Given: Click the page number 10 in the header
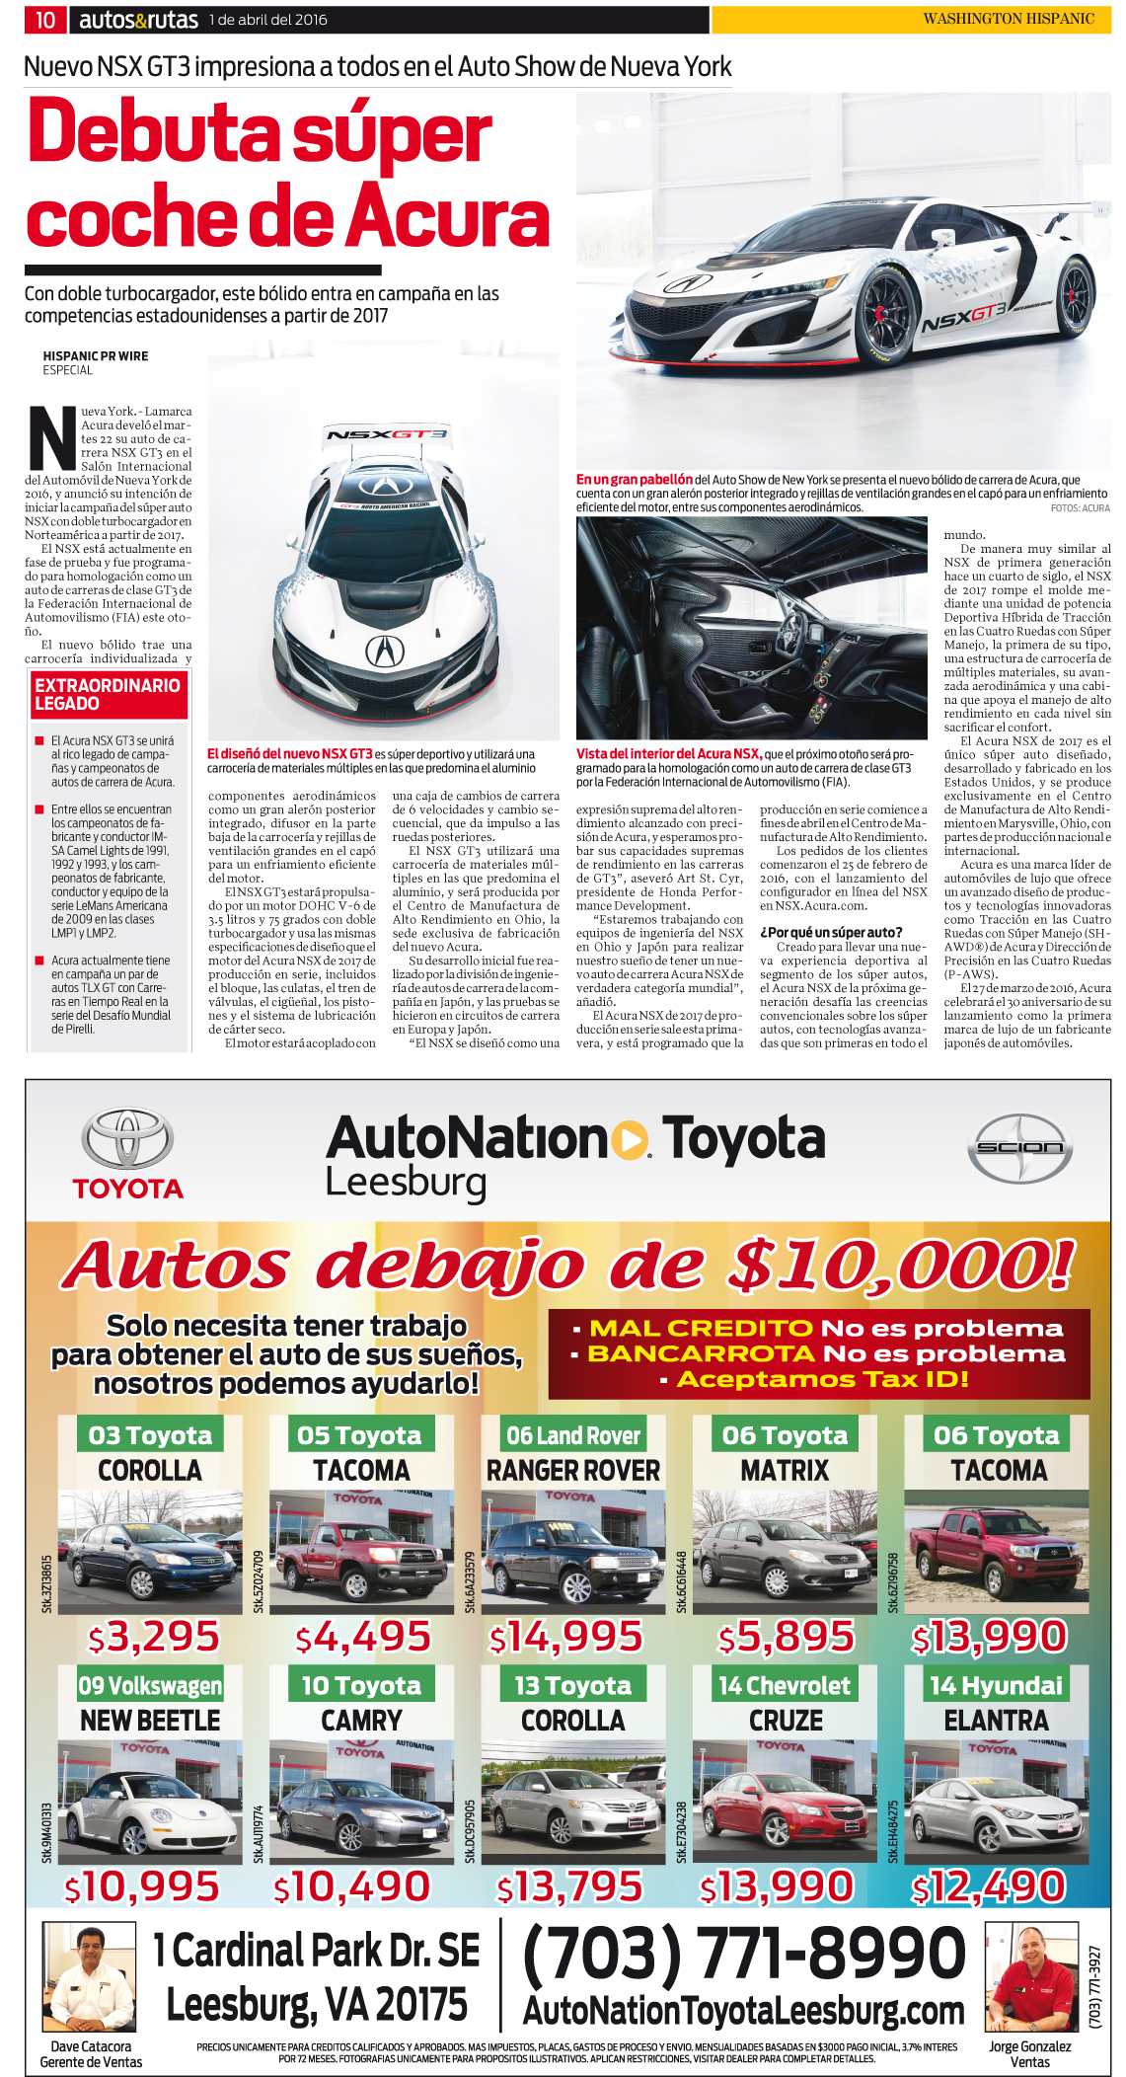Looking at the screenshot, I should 45,20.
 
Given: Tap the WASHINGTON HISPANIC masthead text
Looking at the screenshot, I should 1008,19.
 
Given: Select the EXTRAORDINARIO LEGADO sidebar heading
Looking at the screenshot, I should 108,694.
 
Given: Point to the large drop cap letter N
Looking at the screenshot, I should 52,437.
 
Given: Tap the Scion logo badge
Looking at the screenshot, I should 1019,1147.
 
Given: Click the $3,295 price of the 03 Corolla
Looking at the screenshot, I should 154,1637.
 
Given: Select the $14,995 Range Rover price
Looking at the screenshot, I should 566,1637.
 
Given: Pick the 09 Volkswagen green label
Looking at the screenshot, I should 150,1685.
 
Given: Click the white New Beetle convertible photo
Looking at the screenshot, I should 150,1803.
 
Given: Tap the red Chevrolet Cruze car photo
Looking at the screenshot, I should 785,1803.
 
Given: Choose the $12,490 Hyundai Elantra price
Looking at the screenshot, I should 989,1886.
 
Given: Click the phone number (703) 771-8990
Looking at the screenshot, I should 744,1951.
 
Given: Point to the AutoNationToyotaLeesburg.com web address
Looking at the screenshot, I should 743,2009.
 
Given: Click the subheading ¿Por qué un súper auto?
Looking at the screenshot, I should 831,932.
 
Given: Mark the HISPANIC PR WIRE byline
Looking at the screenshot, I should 96,356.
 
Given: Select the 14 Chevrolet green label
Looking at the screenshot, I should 785,1685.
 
